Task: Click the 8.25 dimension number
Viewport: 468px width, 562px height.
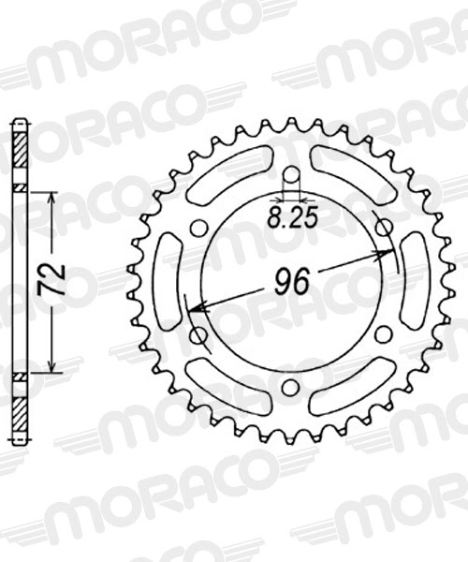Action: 292,218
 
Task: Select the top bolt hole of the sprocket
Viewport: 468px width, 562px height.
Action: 291,174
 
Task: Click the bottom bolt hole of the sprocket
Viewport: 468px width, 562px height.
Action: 291,387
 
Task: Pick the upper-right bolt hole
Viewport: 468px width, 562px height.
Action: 383,228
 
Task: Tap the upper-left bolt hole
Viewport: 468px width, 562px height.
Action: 198,228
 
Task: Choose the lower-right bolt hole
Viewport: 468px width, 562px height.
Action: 383,334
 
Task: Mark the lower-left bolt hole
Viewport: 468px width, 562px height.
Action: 198,334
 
